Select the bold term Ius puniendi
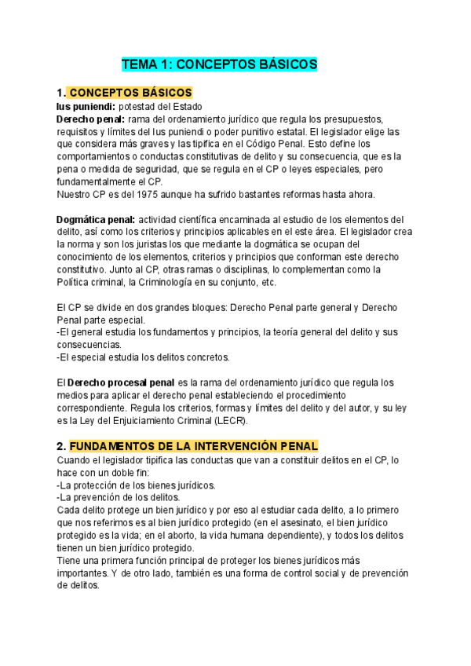click(86, 107)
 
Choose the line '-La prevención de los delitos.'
click(118, 497)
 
